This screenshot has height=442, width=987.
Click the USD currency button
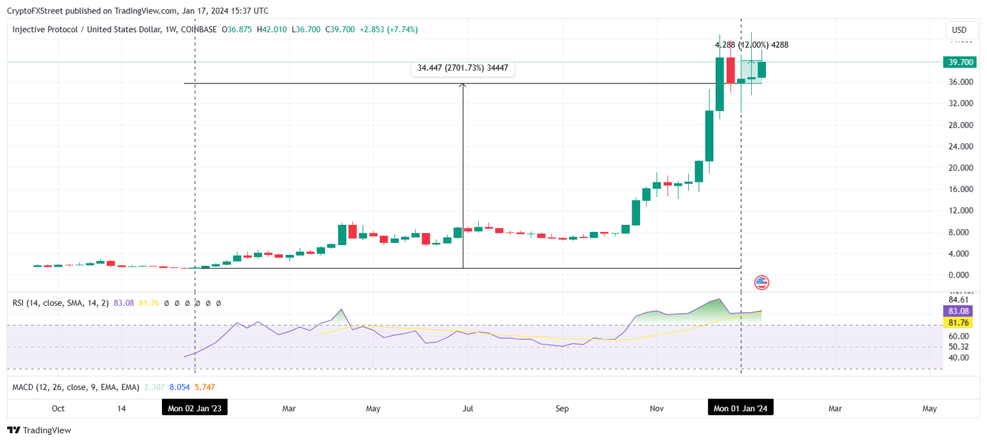click(x=959, y=30)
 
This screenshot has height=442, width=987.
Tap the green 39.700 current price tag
click(x=959, y=62)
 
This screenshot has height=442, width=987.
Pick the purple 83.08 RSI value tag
click(x=959, y=310)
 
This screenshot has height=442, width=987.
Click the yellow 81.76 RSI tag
click(x=959, y=323)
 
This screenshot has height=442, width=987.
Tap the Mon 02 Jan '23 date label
click(x=194, y=408)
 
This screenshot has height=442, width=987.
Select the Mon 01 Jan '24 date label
click(x=740, y=408)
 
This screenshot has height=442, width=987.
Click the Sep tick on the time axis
click(x=562, y=408)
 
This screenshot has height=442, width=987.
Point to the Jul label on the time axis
click(x=468, y=408)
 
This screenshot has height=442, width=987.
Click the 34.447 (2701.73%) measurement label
click(x=463, y=67)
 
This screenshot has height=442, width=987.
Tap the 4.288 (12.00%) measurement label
click(x=751, y=45)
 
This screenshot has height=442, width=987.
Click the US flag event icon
click(x=761, y=282)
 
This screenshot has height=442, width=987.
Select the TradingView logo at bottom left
click(x=39, y=430)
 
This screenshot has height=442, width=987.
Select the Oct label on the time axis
click(x=58, y=408)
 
